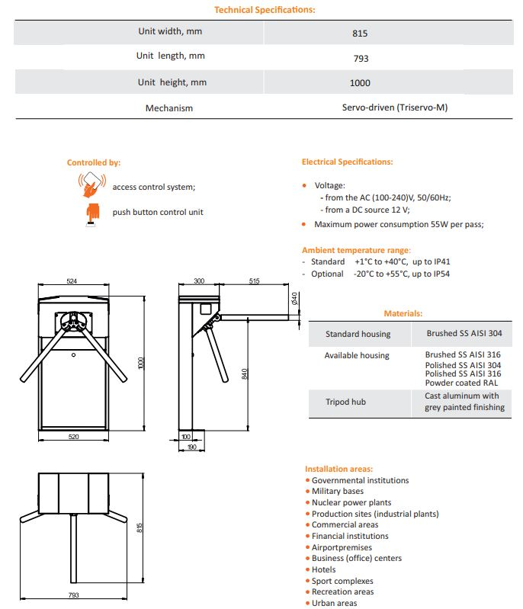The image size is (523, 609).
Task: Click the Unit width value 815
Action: [360, 34]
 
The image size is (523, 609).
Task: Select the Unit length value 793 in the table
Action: [360, 58]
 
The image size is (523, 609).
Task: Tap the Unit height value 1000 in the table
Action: [360, 83]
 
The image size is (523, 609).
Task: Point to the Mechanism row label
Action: [169, 108]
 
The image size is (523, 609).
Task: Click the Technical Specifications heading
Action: [265, 10]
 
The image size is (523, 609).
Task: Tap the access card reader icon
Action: [91, 184]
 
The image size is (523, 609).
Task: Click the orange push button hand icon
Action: [92, 213]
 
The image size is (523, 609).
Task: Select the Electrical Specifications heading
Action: [348, 162]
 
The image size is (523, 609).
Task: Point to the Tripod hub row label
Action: [348, 402]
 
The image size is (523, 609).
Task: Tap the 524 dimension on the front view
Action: [72, 281]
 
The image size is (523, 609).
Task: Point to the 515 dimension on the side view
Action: [254, 281]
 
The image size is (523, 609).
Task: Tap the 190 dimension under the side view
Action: [191, 447]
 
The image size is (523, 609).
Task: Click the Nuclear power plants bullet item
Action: [351, 502]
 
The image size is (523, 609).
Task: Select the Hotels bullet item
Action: [323, 569]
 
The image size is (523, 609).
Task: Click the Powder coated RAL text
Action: [456, 383]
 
